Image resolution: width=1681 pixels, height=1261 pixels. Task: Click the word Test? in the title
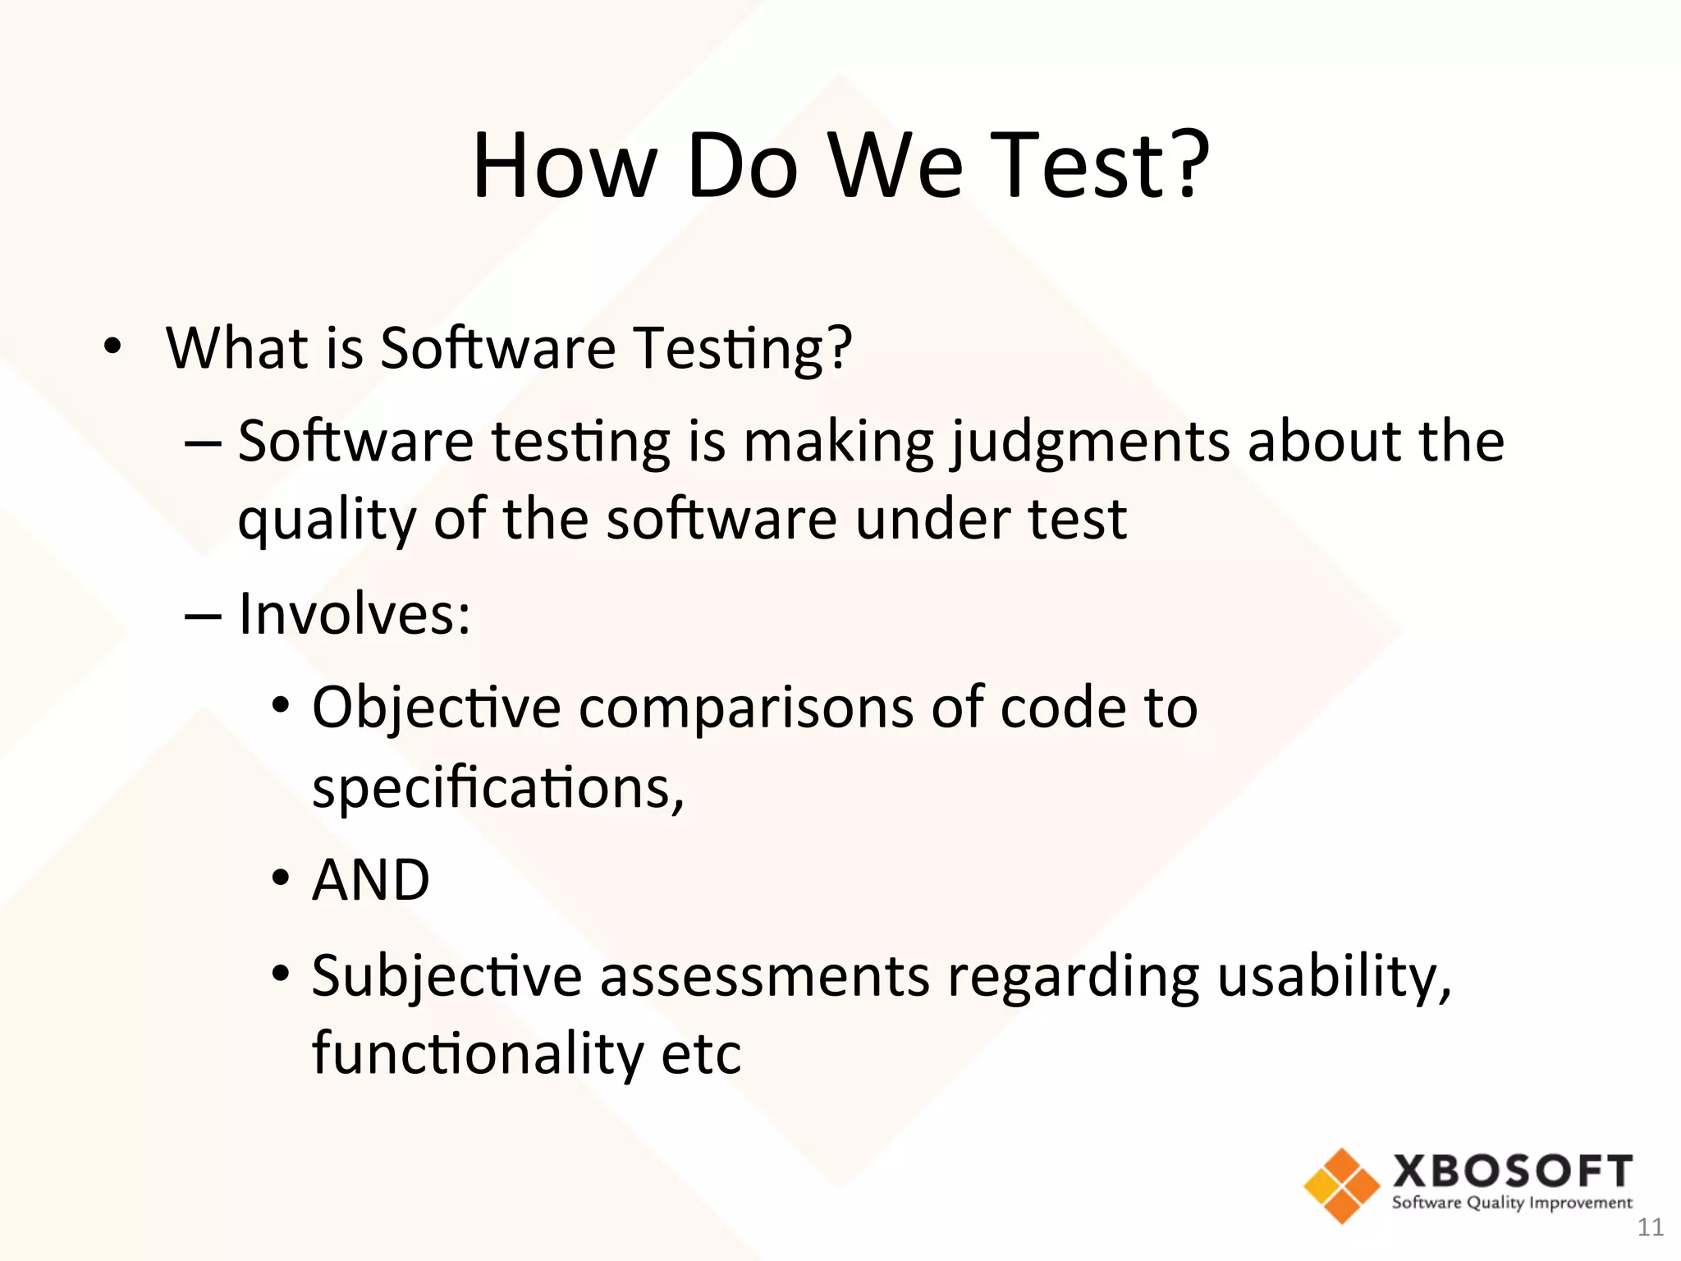pyautogui.click(x=1100, y=166)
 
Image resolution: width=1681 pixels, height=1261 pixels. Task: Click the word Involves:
pyautogui.click(x=355, y=614)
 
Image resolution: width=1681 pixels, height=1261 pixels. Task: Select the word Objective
pyautogui.click(x=436, y=708)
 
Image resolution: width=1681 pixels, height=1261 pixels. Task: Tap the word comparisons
pyautogui.click(x=746, y=708)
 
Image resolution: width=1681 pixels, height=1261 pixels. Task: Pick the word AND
pyautogui.click(x=371, y=880)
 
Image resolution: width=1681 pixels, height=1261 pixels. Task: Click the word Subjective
pyautogui.click(x=447, y=977)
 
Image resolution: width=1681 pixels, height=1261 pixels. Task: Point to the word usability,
pyautogui.click(x=1335, y=977)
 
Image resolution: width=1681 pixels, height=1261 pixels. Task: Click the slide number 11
pyautogui.click(x=1650, y=1227)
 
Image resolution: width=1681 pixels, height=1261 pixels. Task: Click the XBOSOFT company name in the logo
pyautogui.click(x=1512, y=1172)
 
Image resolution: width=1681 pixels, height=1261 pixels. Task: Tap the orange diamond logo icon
pyautogui.click(x=1341, y=1185)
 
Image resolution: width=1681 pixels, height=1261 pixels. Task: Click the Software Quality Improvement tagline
pyautogui.click(x=1512, y=1204)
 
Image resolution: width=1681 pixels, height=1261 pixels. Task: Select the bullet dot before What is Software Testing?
pyautogui.click(x=112, y=347)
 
